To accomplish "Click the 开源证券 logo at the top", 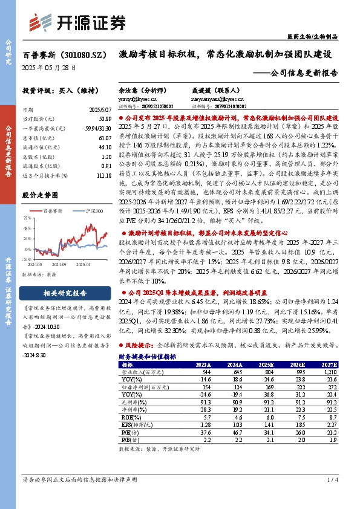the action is (79, 22).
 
